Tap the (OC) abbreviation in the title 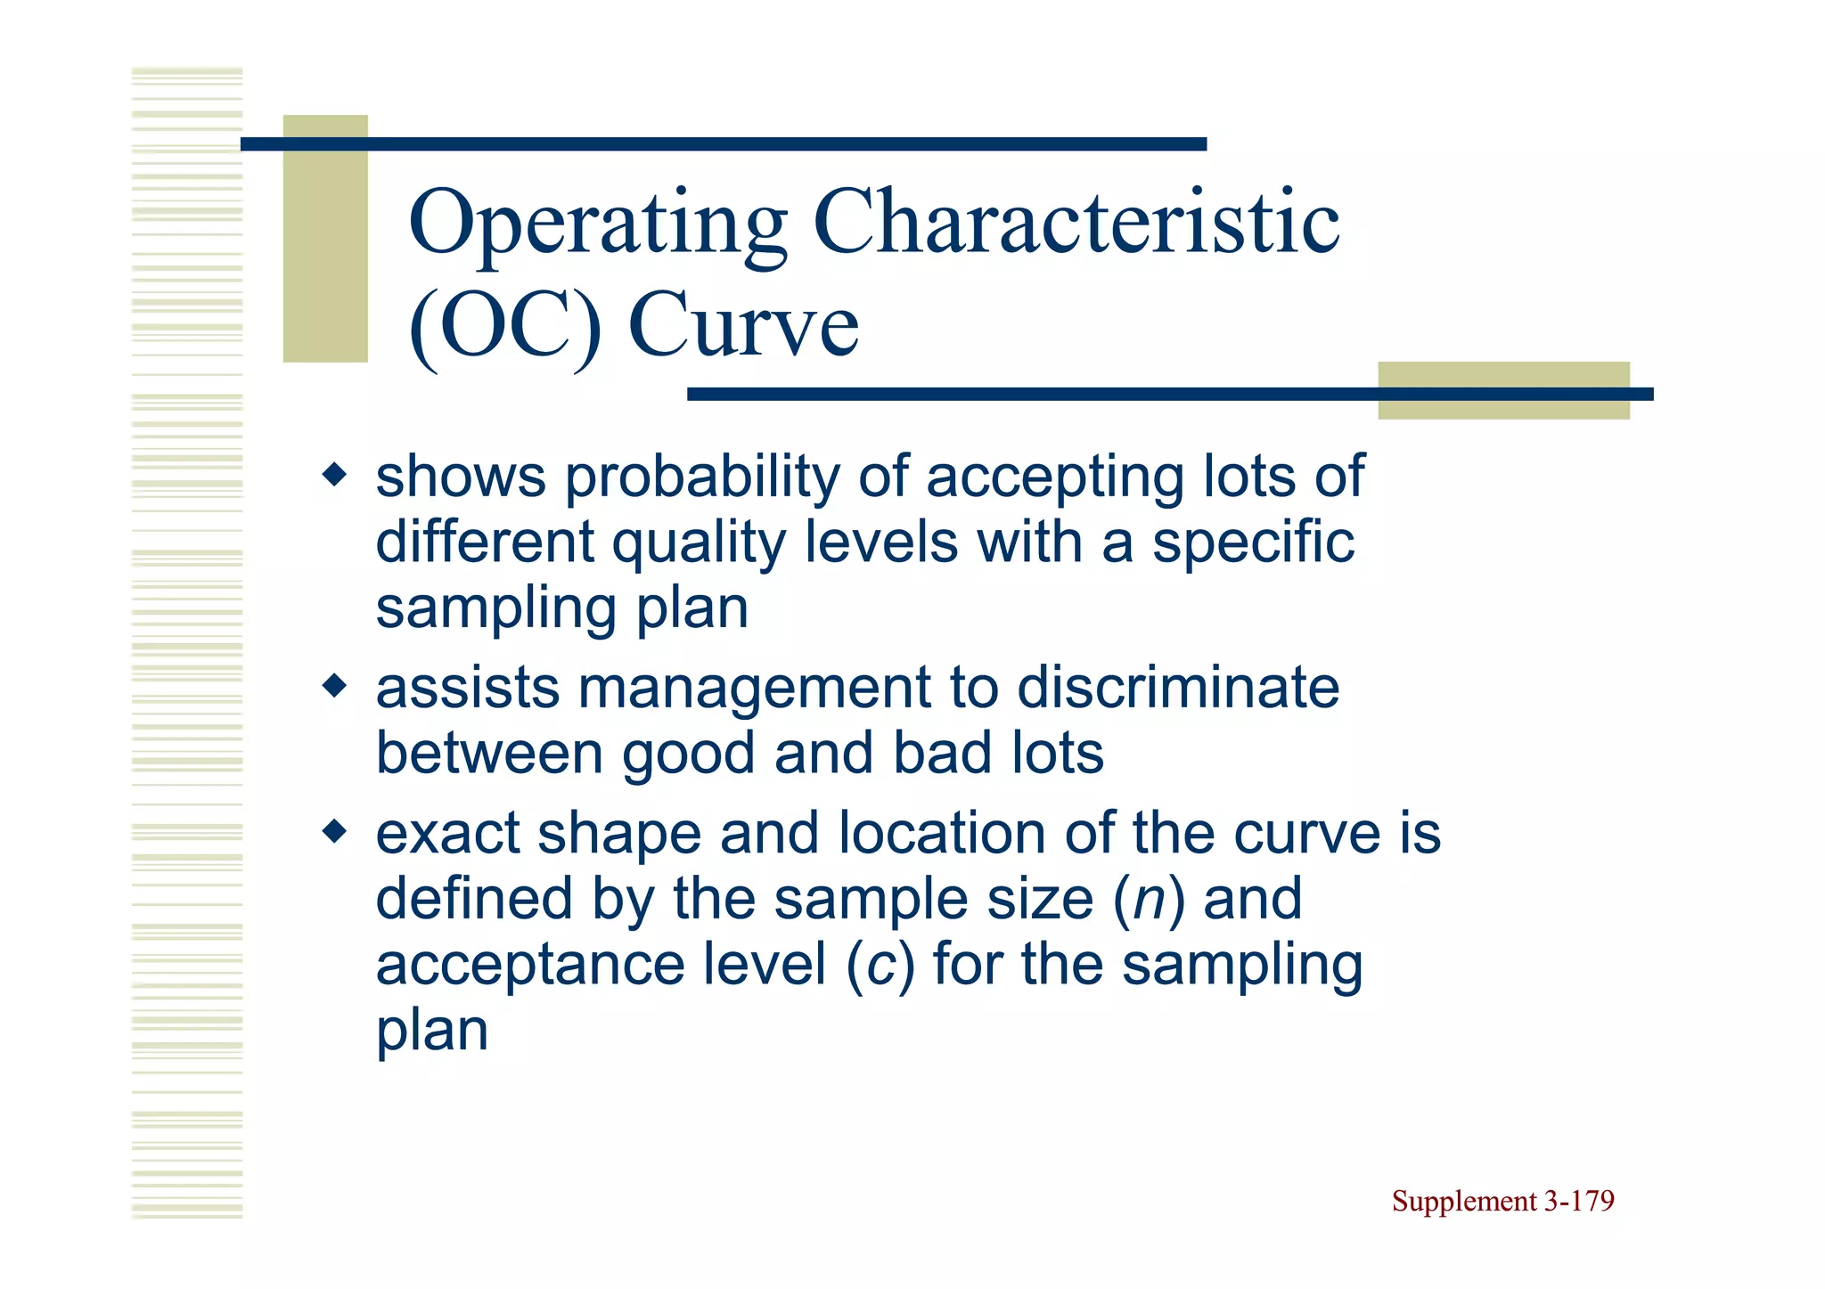[504, 325]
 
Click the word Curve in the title [743, 325]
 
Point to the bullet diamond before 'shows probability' [335, 474]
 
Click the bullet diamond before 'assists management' [335, 686]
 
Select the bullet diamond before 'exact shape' [335, 832]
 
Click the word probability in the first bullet [702, 477]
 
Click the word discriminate [1178, 689]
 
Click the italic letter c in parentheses [880, 966]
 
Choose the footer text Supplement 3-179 [1502, 1201]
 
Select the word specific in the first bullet [1253, 543]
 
